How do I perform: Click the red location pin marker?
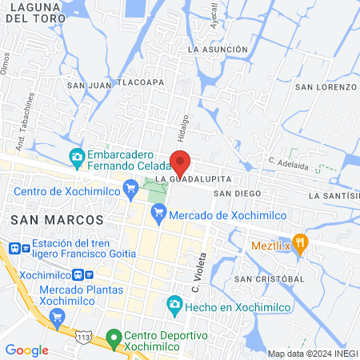[x=181, y=163]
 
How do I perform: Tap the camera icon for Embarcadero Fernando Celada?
[x=77, y=155]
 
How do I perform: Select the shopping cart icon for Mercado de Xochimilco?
[x=158, y=213]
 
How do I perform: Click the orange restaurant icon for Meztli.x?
[x=300, y=243]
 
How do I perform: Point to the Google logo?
[x=26, y=350]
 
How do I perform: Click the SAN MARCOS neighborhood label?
[x=57, y=219]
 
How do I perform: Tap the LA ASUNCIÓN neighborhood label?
[x=218, y=50]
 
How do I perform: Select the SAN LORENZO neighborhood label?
[x=326, y=86]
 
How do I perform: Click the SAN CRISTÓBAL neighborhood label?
[x=270, y=278]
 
